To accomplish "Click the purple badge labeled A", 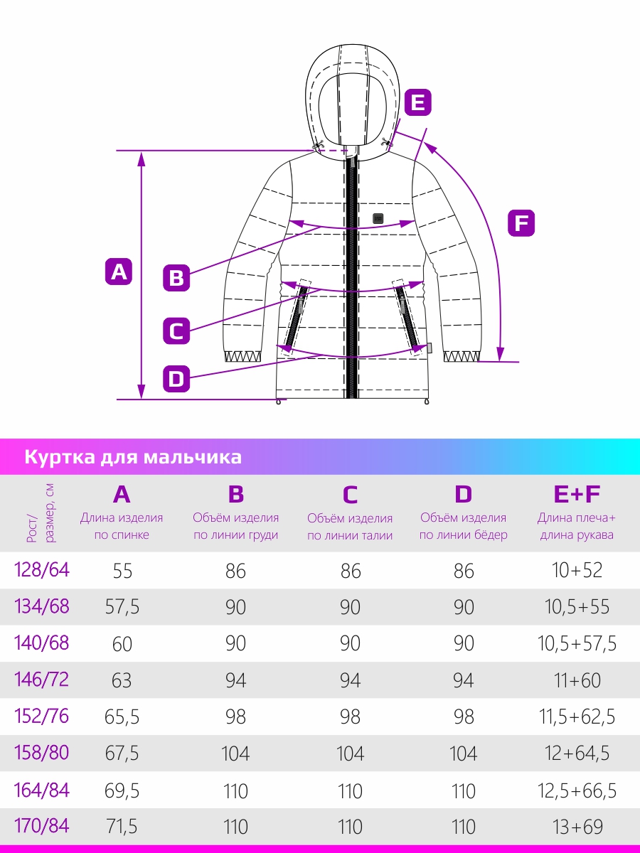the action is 119,272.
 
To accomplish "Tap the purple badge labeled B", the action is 176,278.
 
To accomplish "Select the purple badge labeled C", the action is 176,331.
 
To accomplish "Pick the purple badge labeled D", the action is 176,378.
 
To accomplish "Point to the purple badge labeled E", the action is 418,102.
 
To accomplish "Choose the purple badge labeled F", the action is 521,223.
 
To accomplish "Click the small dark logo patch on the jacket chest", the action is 378,218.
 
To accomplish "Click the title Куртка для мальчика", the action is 133,457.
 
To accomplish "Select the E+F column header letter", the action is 577,494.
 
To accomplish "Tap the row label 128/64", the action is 41,570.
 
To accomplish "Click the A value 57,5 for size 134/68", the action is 122,606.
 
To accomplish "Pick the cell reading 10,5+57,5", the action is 577,643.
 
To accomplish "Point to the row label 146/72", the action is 41,680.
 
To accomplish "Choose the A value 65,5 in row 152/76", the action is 122,717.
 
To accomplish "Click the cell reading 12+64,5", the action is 577,753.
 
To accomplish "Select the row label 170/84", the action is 41,826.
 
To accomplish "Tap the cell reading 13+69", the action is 577,827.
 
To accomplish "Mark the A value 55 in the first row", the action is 123,571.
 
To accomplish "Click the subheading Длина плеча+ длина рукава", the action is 577,526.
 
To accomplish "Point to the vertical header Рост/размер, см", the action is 41,513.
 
